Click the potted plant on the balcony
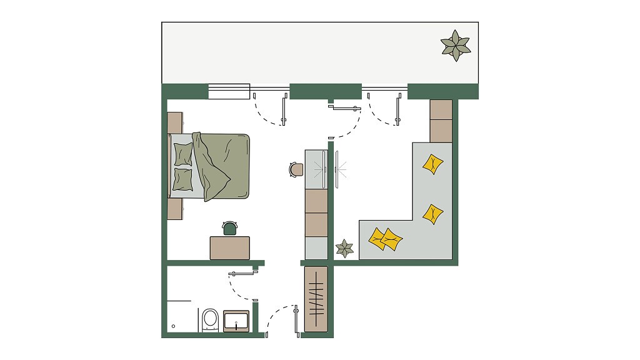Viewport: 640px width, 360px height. pos(456,46)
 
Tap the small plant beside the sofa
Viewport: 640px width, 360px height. pos(344,248)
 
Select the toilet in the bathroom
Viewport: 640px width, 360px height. pos(210,319)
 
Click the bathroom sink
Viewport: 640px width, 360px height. pos(236,321)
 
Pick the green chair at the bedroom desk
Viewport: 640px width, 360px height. pos(230,228)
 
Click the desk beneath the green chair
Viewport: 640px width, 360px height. pos(229,247)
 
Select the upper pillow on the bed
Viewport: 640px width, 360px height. pos(183,154)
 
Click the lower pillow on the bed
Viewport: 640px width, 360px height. pos(183,179)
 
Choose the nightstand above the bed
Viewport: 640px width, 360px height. pos(175,122)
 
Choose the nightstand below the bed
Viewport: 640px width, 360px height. pos(175,209)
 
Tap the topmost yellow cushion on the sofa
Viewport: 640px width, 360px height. pos(432,164)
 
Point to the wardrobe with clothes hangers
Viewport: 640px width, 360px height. pos(316,299)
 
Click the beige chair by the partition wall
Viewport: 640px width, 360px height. pos(296,169)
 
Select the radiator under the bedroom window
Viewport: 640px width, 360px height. pos(229,92)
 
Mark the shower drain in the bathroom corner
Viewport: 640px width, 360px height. pos(174,326)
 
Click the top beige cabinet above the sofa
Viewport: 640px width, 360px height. pos(441,109)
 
